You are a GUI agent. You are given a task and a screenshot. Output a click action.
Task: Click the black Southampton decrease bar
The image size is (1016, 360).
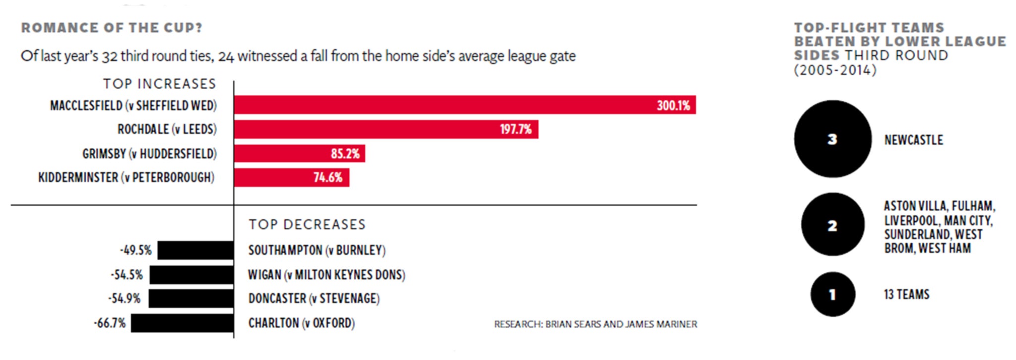[x=195, y=250]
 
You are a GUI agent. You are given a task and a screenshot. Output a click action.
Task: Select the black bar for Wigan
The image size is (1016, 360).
[x=191, y=275]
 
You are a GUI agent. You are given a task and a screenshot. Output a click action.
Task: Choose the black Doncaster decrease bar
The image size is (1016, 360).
[x=191, y=299]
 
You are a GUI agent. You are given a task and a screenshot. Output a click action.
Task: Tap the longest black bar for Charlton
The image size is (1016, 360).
[x=182, y=323]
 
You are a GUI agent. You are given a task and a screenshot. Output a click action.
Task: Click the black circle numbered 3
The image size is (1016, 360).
[x=832, y=139]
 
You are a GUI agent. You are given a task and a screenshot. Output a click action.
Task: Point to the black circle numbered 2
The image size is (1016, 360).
[x=832, y=225]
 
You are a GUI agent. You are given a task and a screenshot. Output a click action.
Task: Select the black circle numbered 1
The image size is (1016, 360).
[x=832, y=294]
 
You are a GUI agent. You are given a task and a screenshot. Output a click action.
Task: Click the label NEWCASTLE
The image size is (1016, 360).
[x=913, y=140]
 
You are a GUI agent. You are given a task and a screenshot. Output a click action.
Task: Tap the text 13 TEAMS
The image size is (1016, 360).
[x=906, y=295]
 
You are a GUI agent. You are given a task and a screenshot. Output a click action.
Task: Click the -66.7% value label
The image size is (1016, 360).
[x=110, y=323]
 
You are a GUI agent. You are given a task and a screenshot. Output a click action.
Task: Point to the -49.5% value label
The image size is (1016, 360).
[x=135, y=250]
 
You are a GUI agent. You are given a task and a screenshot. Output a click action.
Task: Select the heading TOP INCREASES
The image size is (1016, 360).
[x=160, y=84]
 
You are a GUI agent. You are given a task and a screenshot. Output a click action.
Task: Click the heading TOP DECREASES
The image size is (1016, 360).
[x=307, y=225]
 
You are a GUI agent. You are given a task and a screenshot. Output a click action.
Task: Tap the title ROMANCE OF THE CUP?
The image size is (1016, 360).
[x=112, y=28]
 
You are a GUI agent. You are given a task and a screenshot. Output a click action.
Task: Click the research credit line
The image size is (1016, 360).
[x=595, y=324]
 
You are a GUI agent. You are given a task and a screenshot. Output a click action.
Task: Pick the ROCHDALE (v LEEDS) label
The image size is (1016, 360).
[x=167, y=129]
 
